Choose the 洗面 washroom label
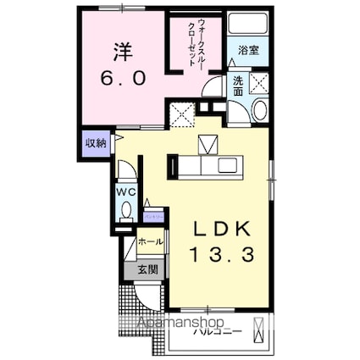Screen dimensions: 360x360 point(237,86)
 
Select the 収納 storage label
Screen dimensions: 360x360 point(95,143)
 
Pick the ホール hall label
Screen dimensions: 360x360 point(150,241)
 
